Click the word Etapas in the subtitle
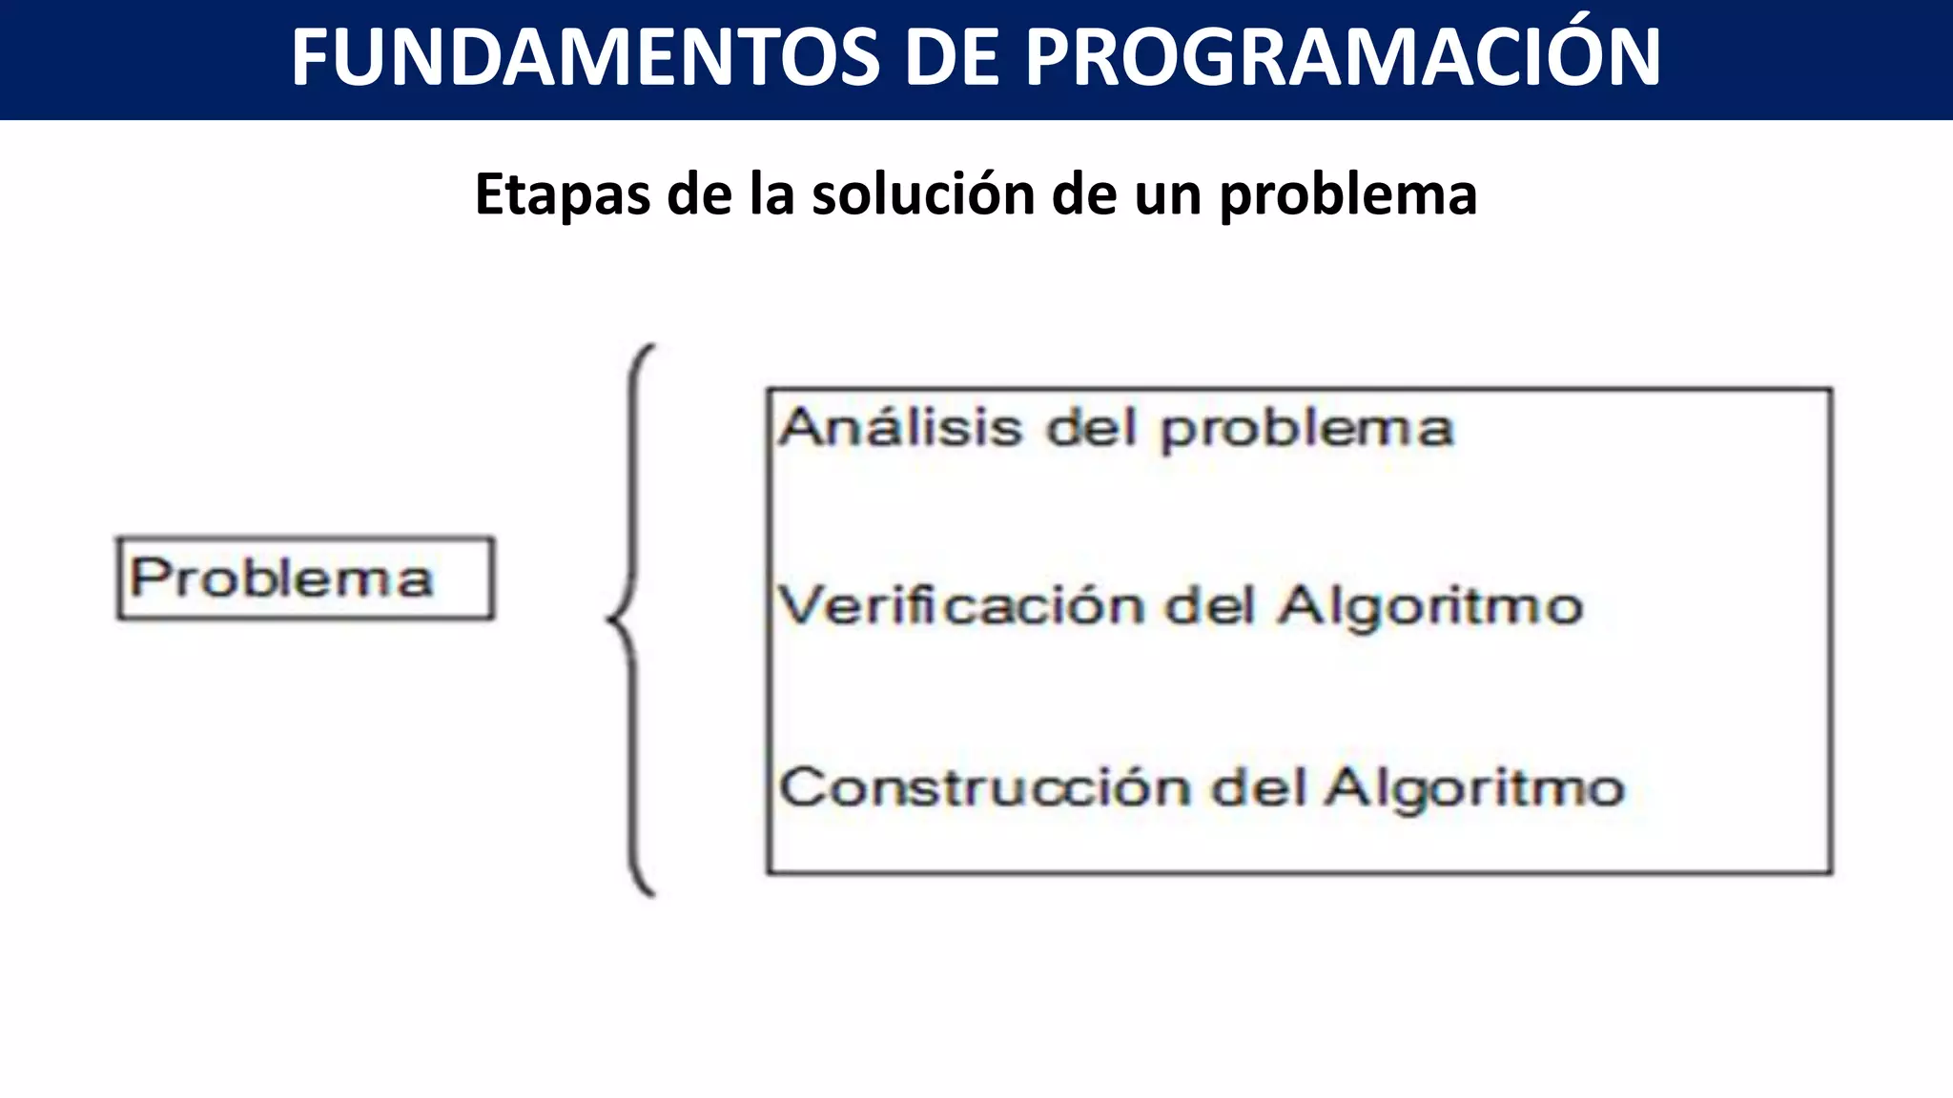click(563, 195)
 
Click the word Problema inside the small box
click(281, 579)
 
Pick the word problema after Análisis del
click(1307, 430)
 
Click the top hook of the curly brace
click(648, 349)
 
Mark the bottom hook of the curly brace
click(648, 890)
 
